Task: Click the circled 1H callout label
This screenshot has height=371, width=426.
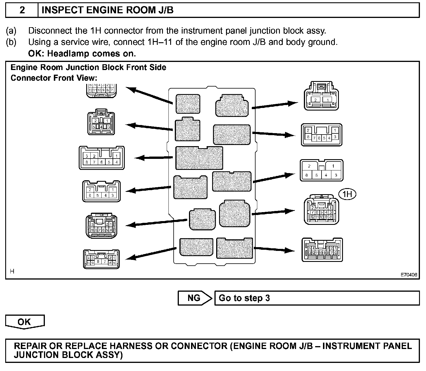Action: tap(347, 194)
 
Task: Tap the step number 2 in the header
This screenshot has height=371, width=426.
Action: tap(22, 10)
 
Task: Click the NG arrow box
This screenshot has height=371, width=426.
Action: tap(194, 298)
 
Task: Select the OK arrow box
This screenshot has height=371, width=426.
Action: tap(25, 322)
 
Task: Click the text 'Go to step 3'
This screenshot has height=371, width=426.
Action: tap(244, 298)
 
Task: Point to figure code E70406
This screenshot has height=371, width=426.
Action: tap(409, 275)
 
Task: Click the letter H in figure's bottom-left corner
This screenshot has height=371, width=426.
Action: tap(12, 271)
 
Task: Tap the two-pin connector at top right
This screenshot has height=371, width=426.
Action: tap(321, 96)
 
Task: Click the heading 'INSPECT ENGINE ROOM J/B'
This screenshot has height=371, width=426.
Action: tap(108, 10)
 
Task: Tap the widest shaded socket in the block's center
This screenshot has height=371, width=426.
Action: tap(199, 158)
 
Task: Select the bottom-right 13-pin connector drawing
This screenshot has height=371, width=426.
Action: tap(322, 250)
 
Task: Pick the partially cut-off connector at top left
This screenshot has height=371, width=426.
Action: tap(101, 90)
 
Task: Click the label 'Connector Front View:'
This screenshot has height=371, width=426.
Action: tap(54, 78)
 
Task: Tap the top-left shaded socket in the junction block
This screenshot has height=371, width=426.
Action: tap(188, 104)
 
